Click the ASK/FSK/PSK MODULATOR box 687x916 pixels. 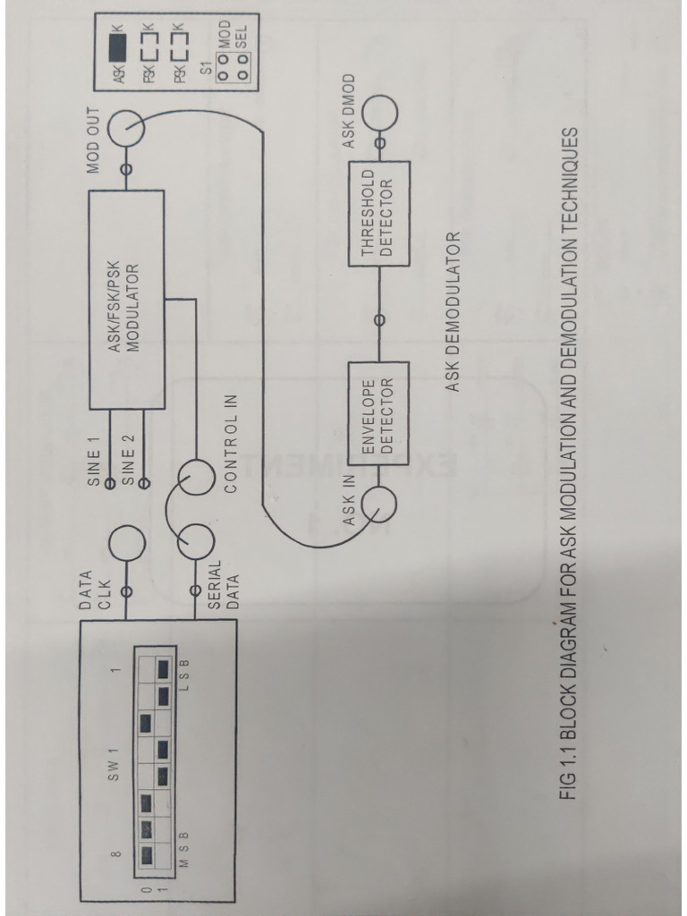[126, 299]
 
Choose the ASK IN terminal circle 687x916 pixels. [379, 504]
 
